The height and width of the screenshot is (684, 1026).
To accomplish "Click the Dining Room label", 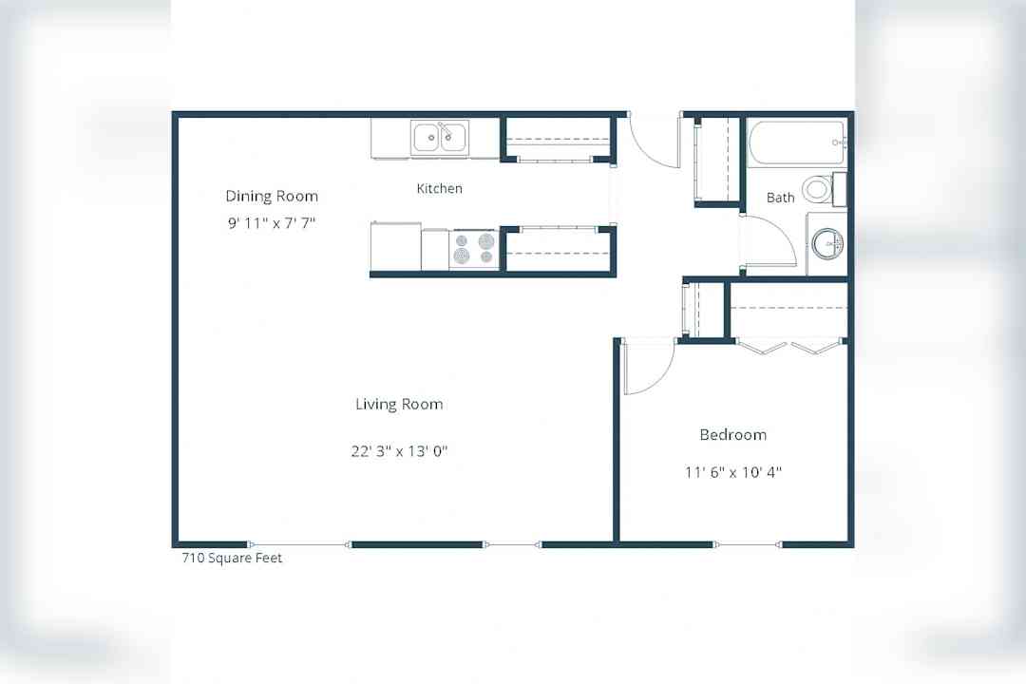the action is [x=272, y=196].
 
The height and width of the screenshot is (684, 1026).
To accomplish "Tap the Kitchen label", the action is [x=439, y=188].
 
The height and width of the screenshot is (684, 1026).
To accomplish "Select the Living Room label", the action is [x=399, y=404].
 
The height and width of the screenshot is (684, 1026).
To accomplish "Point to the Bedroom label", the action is [x=732, y=434].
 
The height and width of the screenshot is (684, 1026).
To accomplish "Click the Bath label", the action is [x=780, y=197].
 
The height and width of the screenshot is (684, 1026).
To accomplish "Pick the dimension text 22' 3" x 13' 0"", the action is [x=399, y=451].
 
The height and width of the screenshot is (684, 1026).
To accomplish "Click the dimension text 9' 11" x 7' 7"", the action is [x=272, y=222].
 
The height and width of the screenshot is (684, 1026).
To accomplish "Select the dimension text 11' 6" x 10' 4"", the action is [x=732, y=472].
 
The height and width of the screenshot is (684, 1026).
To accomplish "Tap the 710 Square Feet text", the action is [x=232, y=558].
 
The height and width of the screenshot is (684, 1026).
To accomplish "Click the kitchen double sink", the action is [x=440, y=138].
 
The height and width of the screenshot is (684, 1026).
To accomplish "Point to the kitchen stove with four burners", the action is [x=474, y=249].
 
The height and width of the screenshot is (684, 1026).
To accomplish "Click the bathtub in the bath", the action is [x=797, y=142].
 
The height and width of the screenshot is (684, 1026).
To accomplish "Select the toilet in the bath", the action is [x=823, y=189].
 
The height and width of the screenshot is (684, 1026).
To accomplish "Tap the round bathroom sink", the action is [x=827, y=244].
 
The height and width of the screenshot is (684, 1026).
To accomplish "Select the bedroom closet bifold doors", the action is [x=788, y=346].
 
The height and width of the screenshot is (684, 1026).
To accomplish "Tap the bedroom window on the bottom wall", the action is [x=748, y=544].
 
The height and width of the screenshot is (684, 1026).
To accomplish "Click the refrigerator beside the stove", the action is [x=396, y=246].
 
